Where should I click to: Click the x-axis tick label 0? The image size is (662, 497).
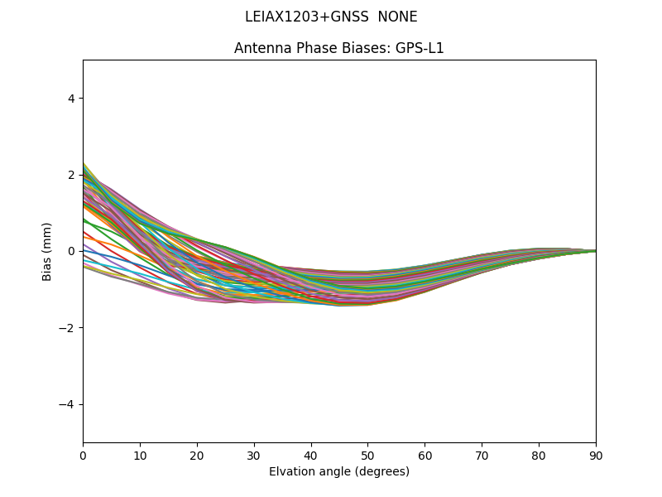83,455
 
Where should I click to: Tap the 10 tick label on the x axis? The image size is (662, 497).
140,455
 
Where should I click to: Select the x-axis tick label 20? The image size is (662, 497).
197,455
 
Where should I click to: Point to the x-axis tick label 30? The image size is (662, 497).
254,455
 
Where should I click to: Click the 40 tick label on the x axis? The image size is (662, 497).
311,455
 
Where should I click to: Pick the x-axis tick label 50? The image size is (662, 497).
367,455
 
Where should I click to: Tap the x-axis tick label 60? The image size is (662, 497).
425,455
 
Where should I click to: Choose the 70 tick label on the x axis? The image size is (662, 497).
482,455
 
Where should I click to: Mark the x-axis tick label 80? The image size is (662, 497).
539,455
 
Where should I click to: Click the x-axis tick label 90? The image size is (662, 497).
596,455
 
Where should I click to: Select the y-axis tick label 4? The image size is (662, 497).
71,99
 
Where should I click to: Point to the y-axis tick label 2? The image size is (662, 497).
71,175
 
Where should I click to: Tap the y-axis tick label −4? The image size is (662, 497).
68,404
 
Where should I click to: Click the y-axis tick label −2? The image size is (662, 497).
68,328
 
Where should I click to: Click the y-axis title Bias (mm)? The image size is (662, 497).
47,251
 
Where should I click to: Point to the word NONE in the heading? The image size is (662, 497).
397,17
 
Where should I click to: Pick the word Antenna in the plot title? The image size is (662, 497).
259,48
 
